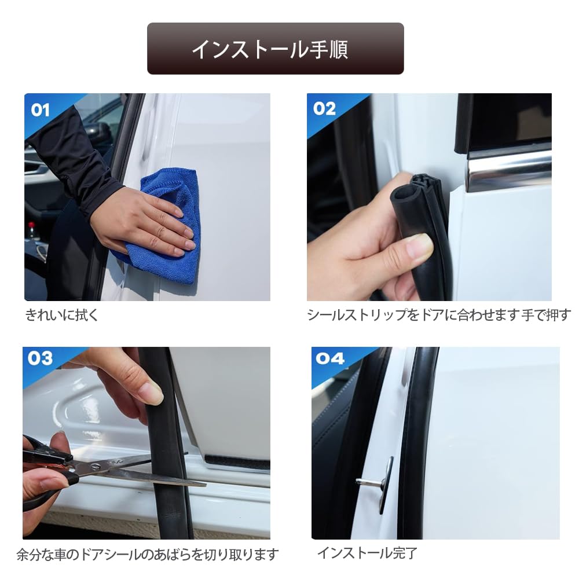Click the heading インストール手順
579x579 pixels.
tap(270, 49)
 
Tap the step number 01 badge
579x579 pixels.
tap(40, 110)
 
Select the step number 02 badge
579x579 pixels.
tap(324, 109)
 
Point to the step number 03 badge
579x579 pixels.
tap(40, 358)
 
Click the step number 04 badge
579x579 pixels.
tap(330, 358)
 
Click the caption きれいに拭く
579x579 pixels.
tap(62, 315)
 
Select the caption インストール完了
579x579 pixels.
tap(368, 553)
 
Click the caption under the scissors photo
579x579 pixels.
tap(148, 554)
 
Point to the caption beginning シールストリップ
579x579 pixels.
tap(439, 315)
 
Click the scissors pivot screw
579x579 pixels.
tap(96, 467)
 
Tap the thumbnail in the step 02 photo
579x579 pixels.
tap(419, 245)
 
